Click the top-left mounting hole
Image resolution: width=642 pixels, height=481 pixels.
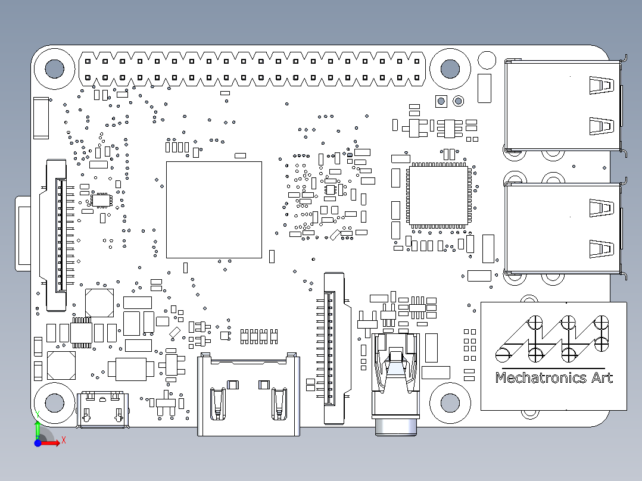click(54, 68)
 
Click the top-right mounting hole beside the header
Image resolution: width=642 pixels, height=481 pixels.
click(450, 68)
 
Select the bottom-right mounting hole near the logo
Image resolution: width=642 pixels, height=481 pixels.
click(450, 404)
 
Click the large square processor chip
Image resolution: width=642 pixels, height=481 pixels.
click(214, 209)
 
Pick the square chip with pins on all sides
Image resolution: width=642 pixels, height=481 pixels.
click(439, 196)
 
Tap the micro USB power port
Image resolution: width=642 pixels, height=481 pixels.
click(103, 409)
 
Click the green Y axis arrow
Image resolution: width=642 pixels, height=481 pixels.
click(37, 427)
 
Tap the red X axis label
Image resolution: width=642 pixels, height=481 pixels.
click(63, 441)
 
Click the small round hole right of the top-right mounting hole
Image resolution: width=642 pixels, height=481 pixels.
click(487, 60)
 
